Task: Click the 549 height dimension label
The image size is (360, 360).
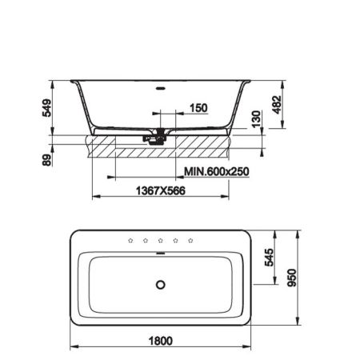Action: [x=47, y=108]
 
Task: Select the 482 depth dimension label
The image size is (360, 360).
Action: [x=277, y=105]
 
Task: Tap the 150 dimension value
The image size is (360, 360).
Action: [x=198, y=108]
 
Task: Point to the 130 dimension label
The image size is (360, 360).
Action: [x=256, y=119]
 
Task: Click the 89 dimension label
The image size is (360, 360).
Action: [x=47, y=160]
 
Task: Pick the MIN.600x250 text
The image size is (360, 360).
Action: [x=217, y=171]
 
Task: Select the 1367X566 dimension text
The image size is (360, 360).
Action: [x=160, y=190]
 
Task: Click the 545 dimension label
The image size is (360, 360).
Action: [x=269, y=258]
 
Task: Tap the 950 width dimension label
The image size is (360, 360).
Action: [x=292, y=278]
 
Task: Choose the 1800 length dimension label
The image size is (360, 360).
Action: [x=161, y=341]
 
